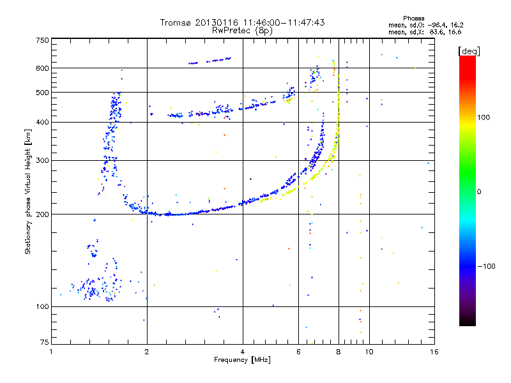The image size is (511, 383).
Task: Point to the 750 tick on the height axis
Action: pyautogui.click(x=42, y=40)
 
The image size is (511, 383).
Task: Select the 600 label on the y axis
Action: pyautogui.click(x=42, y=68)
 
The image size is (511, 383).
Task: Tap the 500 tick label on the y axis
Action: pyautogui.click(x=42, y=93)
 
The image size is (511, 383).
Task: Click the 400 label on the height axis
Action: pyautogui.click(x=42, y=123)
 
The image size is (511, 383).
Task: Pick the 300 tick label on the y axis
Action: pyautogui.click(x=42, y=161)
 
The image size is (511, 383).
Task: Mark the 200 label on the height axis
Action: pyautogui.click(x=42, y=214)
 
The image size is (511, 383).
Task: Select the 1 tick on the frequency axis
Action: pyautogui.click(x=51, y=351)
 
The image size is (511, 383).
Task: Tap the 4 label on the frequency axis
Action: pyautogui.click(x=243, y=351)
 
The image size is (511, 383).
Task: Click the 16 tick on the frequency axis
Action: pyautogui.click(x=434, y=351)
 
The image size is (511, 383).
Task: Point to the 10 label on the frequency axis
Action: pyautogui.click(x=369, y=351)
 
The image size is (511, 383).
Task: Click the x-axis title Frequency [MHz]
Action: pyautogui.click(x=242, y=359)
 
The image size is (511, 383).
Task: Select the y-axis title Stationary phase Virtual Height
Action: pyautogui.click(x=28, y=191)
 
